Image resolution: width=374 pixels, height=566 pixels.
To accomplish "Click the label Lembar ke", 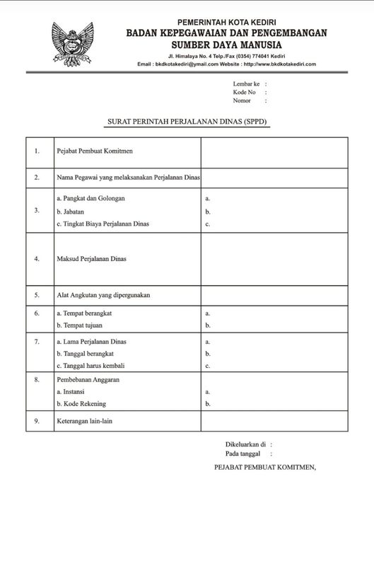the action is click(x=246, y=83).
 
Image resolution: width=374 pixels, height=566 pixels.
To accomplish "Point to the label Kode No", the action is click(x=245, y=92).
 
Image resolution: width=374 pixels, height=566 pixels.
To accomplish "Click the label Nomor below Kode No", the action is click(x=242, y=100).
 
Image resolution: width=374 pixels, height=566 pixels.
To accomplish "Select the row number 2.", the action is click(x=37, y=178).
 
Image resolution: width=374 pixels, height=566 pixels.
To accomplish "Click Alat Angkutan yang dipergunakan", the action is click(x=103, y=294).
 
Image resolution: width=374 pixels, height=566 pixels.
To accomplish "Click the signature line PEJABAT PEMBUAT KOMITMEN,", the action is click(x=264, y=468).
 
